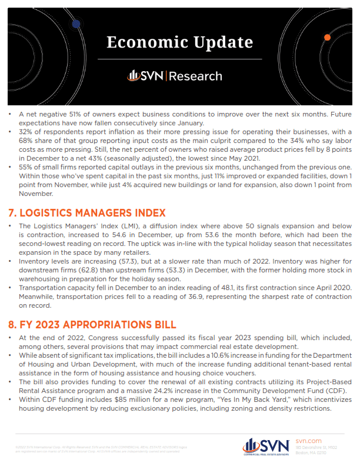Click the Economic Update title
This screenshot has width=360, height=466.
pyautogui.click(x=179, y=43)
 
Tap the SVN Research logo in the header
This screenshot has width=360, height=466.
pyautogui.click(x=175, y=76)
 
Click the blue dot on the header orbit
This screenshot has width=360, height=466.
pyautogui.click(x=76, y=24)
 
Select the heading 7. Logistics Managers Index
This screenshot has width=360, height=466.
pyautogui.click(x=87, y=212)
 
